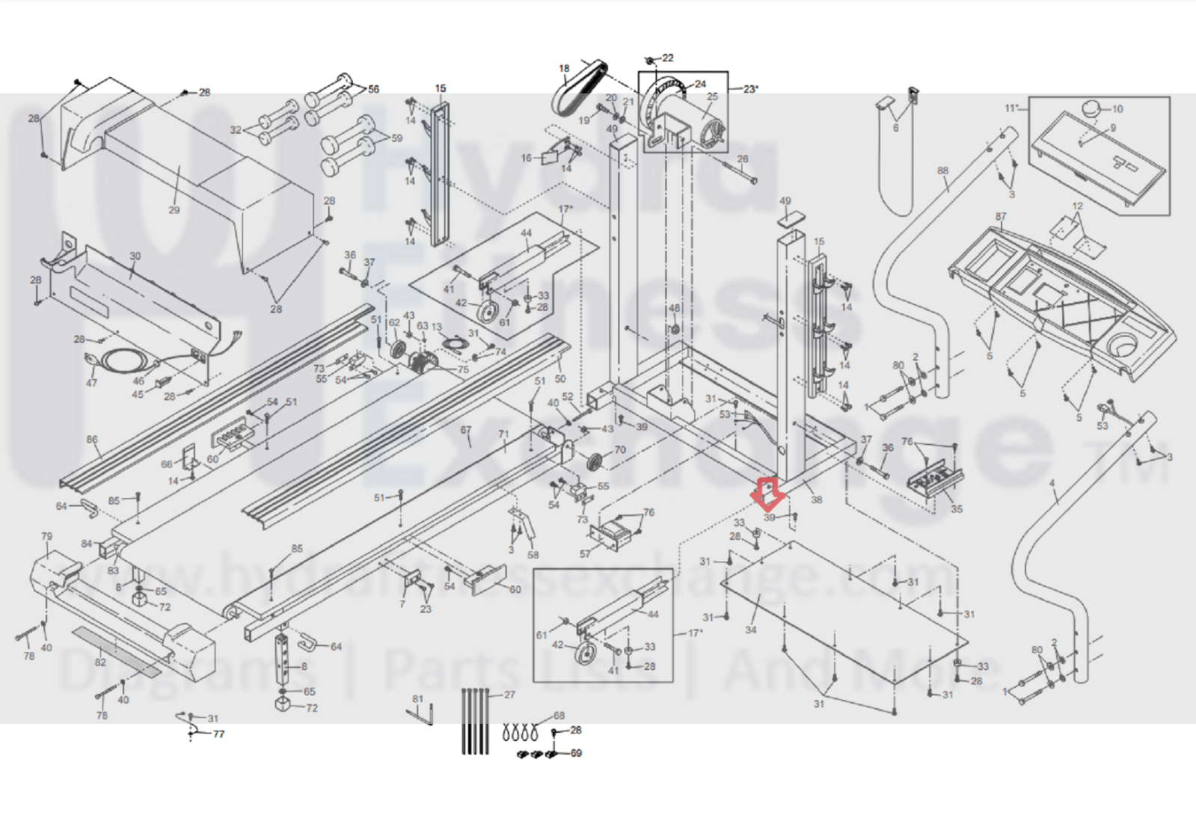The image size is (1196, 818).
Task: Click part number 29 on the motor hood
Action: tap(174, 210)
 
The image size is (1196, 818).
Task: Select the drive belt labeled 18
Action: tap(576, 93)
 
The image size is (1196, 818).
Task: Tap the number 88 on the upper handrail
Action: tap(942, 170)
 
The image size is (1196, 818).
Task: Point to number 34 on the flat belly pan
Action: tap(750, 630)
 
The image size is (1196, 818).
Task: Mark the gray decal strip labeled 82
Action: tap(117, 652)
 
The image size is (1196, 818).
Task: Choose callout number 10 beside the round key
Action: tap(1117, 108)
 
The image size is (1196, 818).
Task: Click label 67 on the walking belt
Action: tap(466, 430)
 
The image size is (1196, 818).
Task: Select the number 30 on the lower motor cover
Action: tap(135, 256)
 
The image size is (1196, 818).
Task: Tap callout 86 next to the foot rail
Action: tap(91, 440)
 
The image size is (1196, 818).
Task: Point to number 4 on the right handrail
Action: tap(1052, 484)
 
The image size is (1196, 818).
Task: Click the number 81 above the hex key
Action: tap(417, 699)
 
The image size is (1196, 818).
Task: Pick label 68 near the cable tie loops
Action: tap(559, 716)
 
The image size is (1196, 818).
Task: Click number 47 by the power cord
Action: tap(91, 383)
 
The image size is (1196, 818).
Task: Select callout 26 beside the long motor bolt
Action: tap(742, 159)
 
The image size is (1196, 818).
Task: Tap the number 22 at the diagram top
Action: tap(668, 58)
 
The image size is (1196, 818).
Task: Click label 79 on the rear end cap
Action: tap(47, 536)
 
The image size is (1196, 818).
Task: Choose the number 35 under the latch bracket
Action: tap(957, 509)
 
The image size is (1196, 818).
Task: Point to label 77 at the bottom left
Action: tap(218, 734)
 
